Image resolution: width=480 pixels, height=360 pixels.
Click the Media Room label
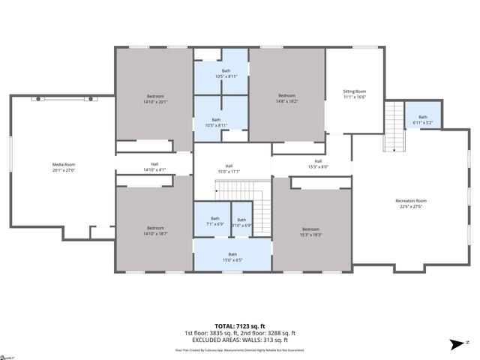pos(63,164)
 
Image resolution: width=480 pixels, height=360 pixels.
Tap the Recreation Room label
pos(410,200)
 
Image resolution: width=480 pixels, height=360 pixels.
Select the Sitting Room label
pos(355,91)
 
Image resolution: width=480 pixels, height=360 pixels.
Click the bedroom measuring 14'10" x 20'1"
pos(154,99)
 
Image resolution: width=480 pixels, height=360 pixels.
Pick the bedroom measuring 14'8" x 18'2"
pos(287,98)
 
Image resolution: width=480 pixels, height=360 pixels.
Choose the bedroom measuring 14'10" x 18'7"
pos(154,231)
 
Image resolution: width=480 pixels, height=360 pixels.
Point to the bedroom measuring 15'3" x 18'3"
pos(311,232)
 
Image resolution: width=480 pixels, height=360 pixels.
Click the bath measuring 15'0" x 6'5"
pos(232,257)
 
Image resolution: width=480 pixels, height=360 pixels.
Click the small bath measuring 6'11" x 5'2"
pos(422,119)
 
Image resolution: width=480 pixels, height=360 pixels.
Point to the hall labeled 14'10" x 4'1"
pos(154,167)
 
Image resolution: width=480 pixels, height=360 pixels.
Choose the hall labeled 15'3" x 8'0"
pos(318,163)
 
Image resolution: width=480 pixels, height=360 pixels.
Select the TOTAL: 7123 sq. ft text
pos(240,326)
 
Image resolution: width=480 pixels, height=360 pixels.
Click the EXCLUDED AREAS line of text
pos(240,340)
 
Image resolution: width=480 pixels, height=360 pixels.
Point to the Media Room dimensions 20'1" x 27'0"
pos(63,169)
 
